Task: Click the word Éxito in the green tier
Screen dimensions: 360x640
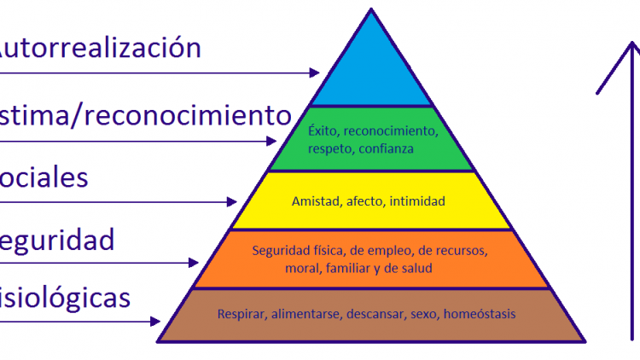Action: pos(321,132)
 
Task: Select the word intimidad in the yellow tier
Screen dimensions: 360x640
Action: pos(416,201)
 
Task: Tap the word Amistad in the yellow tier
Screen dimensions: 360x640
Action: pos(312,201)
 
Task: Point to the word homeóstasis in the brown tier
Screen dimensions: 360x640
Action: pos(479,314)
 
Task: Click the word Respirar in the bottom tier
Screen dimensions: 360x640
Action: pos(240,314)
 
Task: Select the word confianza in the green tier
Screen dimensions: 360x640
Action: pos(387,148)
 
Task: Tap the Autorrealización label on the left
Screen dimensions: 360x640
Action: pos(98,47)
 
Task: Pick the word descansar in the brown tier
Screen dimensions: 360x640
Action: pos(375,314)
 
